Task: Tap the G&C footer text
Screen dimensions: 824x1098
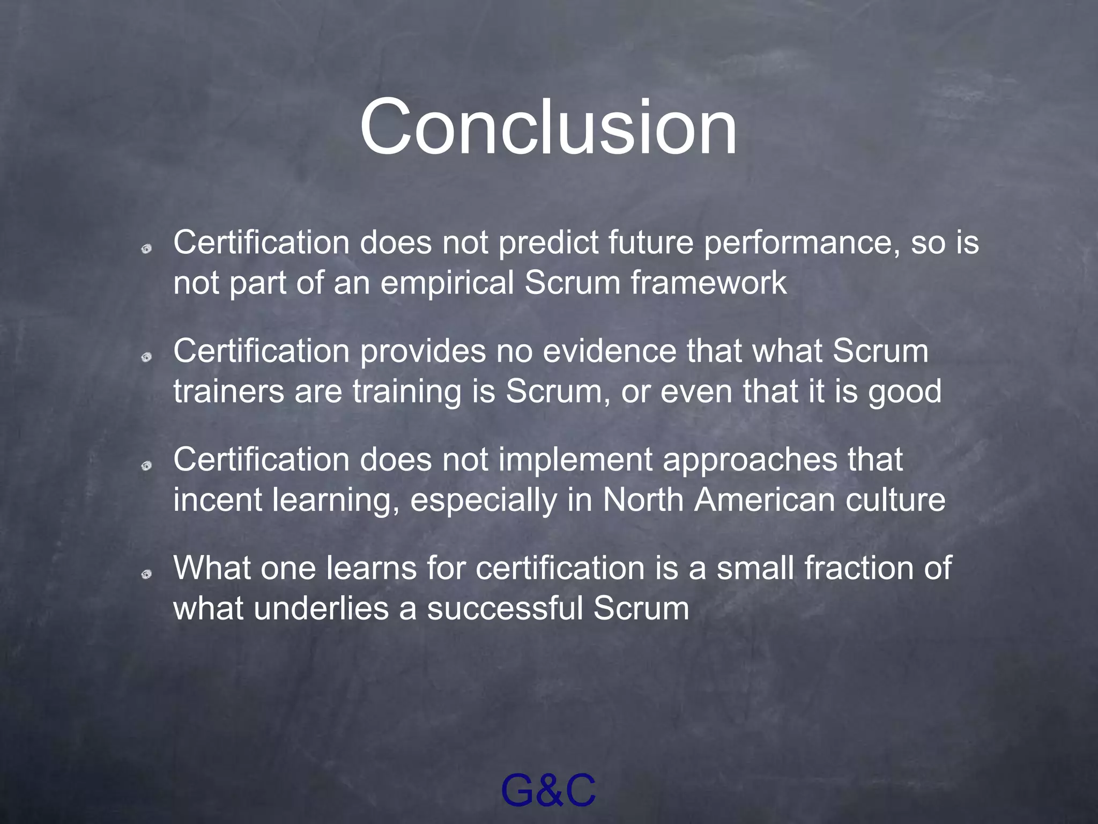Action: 548,790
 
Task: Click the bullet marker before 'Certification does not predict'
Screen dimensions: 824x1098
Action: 146,248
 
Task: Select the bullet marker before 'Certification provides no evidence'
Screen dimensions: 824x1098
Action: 146,357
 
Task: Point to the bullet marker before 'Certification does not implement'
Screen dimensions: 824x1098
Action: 146,466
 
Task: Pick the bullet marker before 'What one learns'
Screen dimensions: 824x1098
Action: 146,575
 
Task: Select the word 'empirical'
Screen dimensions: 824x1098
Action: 447,283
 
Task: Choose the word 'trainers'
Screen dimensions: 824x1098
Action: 228,391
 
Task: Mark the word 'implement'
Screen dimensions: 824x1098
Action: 575,461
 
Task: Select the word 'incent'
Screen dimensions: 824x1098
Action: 217,500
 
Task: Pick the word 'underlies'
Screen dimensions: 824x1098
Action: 321,609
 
